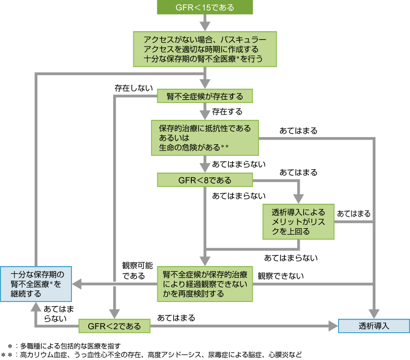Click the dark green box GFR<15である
205,8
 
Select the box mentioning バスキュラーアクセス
205,49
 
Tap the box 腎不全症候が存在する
205,96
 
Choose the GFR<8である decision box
205,180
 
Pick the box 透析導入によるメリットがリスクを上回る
298,221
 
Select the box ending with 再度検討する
205,284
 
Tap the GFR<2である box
115,326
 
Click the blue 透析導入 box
374,326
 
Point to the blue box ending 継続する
36,284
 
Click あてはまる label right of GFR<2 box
176,318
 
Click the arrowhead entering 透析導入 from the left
334,326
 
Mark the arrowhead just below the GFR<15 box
205,25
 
